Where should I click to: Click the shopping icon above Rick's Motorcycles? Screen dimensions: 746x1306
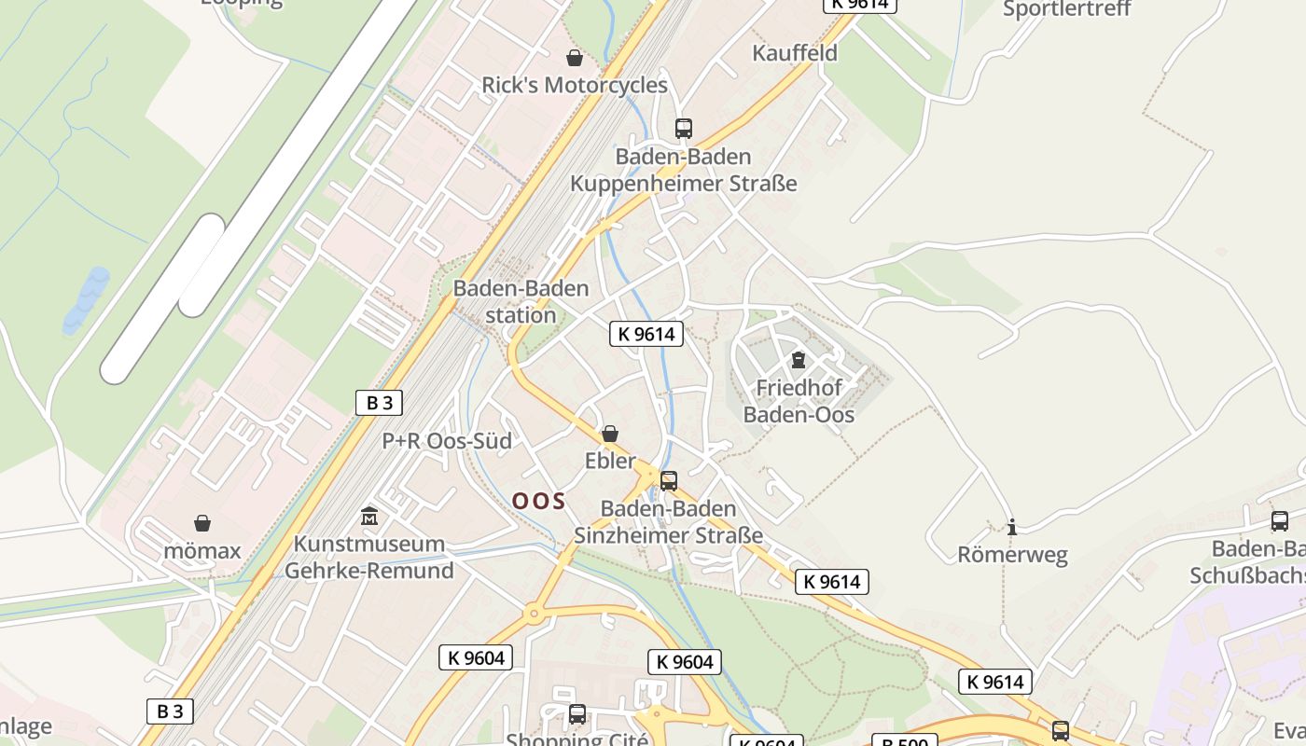pos(575,59)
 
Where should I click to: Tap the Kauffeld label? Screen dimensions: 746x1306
pos(795,53)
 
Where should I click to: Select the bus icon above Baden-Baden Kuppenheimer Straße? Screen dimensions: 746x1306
pos(684,129)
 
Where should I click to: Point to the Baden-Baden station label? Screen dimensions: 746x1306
pos(521,301)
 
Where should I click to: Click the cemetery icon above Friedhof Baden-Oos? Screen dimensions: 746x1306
pos(799,360)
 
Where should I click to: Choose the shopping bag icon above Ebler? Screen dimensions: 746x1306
pos(610,434)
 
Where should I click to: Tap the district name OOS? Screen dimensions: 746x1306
pos(538,501)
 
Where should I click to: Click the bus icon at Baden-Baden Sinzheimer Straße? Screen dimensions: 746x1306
pos(669,481)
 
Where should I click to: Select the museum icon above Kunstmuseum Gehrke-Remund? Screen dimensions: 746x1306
pos(369,516)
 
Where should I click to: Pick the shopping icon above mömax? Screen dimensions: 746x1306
pos(202,523)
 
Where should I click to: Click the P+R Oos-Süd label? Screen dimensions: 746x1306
pos(447,441)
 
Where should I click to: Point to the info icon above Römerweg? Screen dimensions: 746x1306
pos(1012,527)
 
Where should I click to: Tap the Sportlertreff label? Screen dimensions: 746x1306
pos(1066,10)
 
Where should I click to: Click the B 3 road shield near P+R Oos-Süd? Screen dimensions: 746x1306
pos(379,403)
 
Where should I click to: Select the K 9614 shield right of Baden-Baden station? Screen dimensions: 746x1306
pos(646,334)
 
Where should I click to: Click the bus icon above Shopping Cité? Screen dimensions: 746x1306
pos(577,715)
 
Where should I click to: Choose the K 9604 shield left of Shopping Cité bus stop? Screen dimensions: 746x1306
pos(476,657)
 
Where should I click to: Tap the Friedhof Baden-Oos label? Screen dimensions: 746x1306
pos(799,401)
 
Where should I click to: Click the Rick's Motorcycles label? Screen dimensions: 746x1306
pos(575,85)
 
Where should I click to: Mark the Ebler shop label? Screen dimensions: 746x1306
pos(610,461)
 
